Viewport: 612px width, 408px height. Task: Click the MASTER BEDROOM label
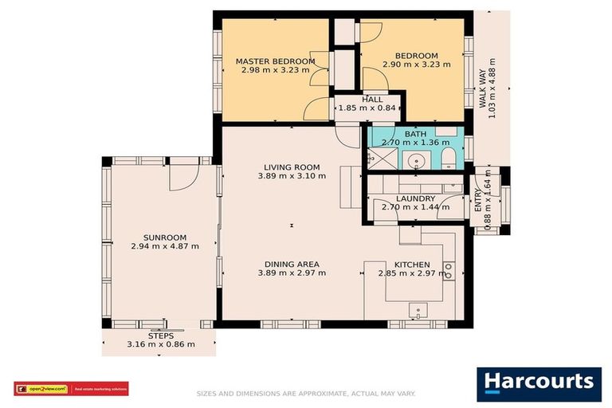275,61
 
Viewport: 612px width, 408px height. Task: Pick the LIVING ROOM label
292,167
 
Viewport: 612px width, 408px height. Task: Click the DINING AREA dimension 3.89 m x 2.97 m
292,273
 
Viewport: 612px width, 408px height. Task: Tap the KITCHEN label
412,265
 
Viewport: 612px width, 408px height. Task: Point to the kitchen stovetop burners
449,270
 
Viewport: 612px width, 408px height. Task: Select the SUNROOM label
164,237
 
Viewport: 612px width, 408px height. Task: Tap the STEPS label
160,336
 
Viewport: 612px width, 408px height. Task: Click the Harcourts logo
539,383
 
